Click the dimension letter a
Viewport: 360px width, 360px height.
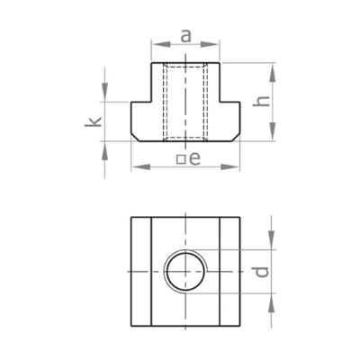tap(186, 36)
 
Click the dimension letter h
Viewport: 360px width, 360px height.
tap(261, 101)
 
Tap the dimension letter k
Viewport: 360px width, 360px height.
tap(94, 122)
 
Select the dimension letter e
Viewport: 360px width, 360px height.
tap(195, 159)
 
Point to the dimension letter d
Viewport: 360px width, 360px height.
tap(262, 272)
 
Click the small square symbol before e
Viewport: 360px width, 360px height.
tap(181, 159)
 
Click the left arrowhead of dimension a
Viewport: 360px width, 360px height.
tap(161, 44)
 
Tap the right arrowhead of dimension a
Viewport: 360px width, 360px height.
tap(210, 44)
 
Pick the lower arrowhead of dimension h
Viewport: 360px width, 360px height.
tap(272, 130)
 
